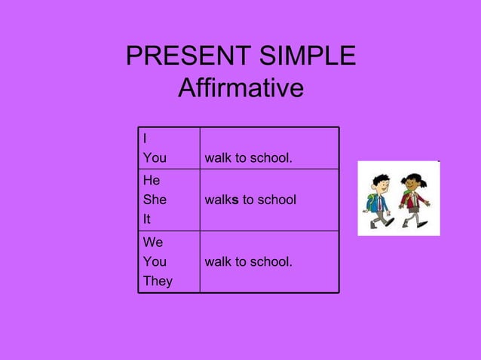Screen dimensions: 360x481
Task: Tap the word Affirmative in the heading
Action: tap(240, 90)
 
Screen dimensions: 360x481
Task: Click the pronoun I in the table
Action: tap(145, 139)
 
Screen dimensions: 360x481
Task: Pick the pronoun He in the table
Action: tap(151, 181)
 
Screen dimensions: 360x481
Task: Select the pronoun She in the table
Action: tap(155, 200)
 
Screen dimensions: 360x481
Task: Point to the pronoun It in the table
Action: tap(147, 219)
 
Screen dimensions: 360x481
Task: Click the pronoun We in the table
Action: tap(152, 243)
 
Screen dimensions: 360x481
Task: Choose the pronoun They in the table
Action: tap(158, 281)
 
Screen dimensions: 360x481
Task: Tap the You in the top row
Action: tap(155, 158)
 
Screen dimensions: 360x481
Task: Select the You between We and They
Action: tap(155, 262)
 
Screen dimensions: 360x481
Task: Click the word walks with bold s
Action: tap(222, 200)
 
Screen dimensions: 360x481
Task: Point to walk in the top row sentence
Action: tap(217, 158)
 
